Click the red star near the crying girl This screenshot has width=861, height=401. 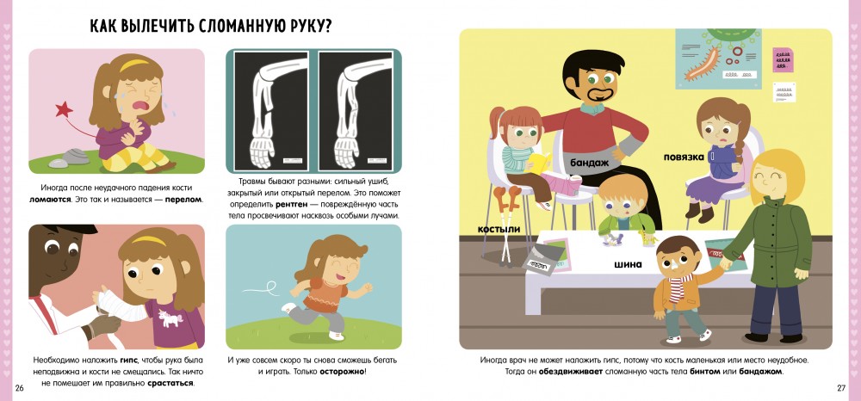tap(64, 109)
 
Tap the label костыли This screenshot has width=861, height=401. tap(499, 228)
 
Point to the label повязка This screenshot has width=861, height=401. tap(684, 157)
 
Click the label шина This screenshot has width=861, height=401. tap(629, 264)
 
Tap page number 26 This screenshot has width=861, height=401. tap(20, 388)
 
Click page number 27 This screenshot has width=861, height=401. tap(841, 388)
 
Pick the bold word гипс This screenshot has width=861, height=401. tap(130, 361)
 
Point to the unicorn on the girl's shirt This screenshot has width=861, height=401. tap(167, 316)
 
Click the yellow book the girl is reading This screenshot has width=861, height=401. tap(539, 163)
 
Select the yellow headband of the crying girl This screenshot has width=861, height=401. tap(135, 65)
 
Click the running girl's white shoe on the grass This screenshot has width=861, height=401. tap(336, 336)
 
